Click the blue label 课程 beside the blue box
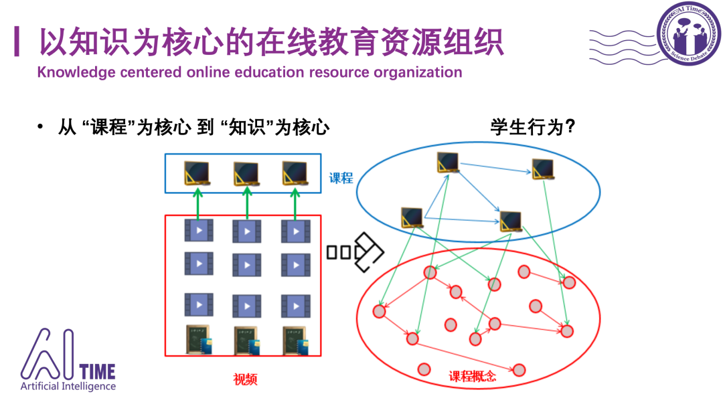(340, 179)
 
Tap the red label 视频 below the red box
(245, 379)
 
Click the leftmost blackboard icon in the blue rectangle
(197, 173)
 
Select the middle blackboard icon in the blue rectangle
(246, 173)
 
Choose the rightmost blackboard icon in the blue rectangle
(295, 173)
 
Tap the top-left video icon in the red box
(198, 231)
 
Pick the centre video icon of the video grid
(247, 264)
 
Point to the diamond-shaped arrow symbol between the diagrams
(368, 252)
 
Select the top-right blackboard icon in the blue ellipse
(543, 169)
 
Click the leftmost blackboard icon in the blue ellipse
(412, 217)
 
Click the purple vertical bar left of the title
(17, 41)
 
